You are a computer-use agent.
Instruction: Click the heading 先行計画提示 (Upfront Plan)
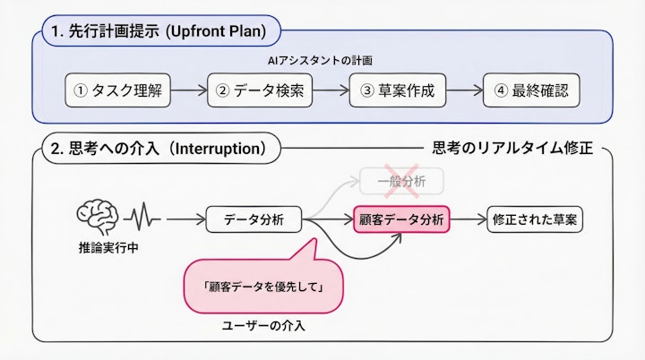(x=160, y=33)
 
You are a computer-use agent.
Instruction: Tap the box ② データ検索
(x=260, y=90)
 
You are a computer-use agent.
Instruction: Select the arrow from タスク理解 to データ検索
(x=188, y=90)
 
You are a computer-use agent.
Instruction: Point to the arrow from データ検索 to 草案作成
(x=331, y=90)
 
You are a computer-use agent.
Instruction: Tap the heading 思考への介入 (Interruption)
(x=159, y=148)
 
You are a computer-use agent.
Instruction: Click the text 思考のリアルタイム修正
(x=512, y=148)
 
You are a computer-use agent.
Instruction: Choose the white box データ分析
(x=254, y=219)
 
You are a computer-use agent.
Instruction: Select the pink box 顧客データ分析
(x=401, y=219)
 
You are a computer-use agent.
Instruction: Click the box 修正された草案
(x=535, y=219)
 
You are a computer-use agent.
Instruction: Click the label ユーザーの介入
(x=263, y=326)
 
